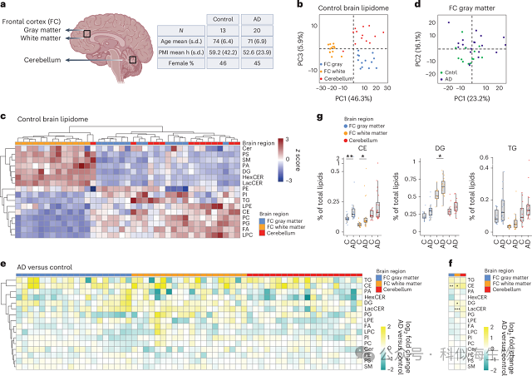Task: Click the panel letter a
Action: tap(6, 7)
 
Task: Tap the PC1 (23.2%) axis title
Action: tap(483, 98)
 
